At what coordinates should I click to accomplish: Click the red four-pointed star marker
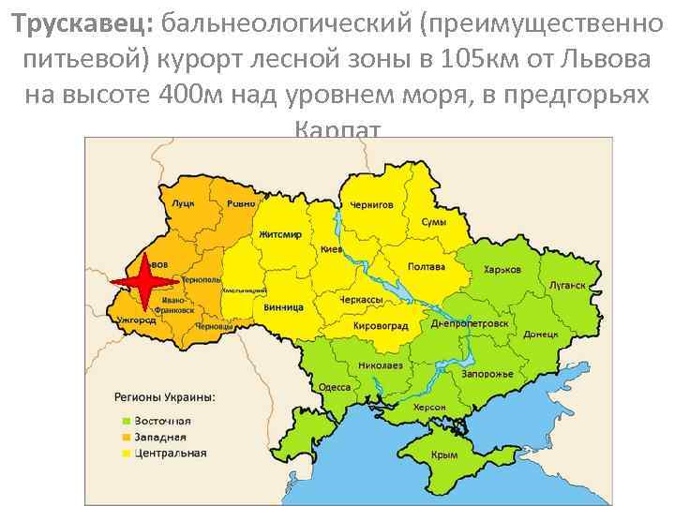tap(143, 281)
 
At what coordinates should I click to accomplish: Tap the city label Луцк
tap(183, 202)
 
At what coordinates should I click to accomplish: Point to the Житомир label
tap(280, 234)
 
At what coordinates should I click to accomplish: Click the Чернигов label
tap(372, 204)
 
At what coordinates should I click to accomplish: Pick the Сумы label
tap(433, 222)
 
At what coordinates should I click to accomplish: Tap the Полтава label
tap(427, 267)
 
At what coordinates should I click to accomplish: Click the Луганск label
tap(567, 284)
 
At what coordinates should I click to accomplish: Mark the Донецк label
tap(541, 333)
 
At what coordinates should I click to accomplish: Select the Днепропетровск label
tap(470, 323)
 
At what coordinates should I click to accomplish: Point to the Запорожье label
tap(487, 374)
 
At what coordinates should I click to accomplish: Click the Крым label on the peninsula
tap(443, 455)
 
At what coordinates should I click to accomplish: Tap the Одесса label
tap(335, 387)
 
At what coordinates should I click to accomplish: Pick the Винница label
tap(283, 306)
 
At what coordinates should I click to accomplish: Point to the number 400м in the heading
tap(190, 95)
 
